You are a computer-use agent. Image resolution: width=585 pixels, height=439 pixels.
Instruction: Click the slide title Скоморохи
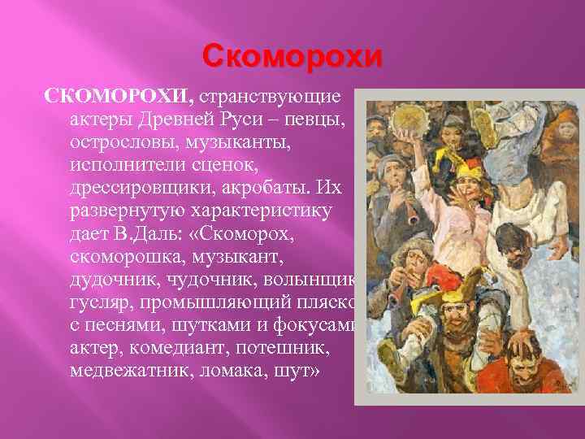pos(292,57)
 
